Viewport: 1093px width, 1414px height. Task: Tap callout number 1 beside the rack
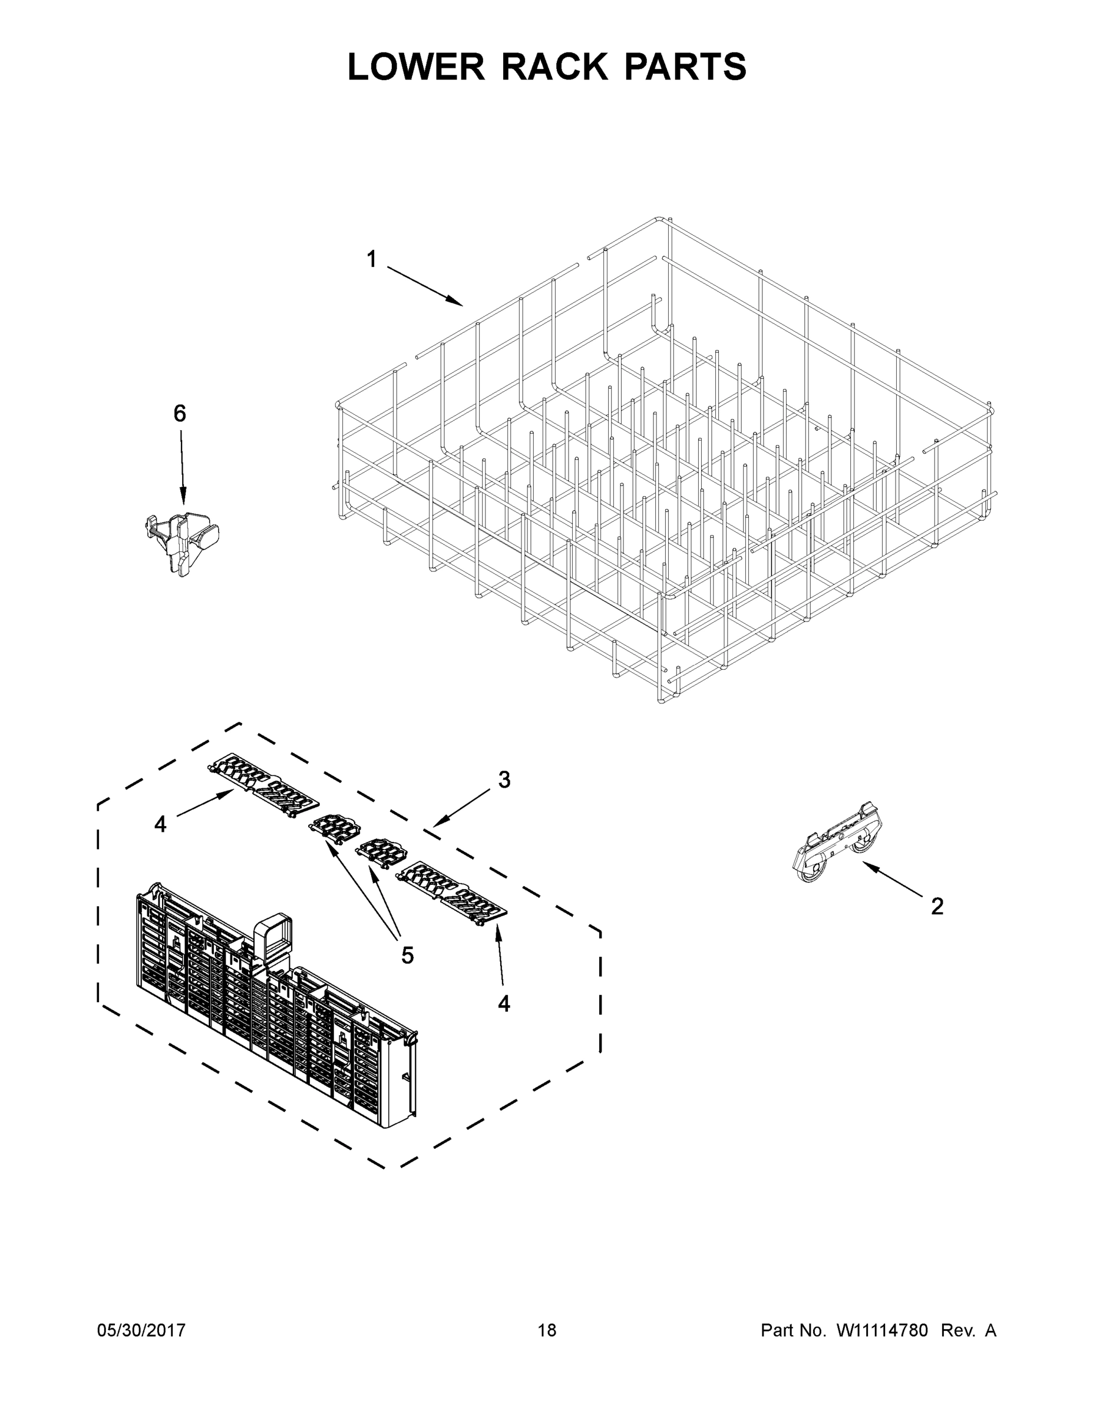371,260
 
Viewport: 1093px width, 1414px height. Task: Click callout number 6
179,413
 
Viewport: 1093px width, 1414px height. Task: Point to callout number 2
937,906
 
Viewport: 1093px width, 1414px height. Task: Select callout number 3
504,779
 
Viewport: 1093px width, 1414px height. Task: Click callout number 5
407,954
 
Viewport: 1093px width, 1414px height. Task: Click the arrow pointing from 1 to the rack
424,286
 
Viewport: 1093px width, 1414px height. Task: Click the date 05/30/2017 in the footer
141,1330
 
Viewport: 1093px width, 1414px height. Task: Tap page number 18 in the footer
547,1330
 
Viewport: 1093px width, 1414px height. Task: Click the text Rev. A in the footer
968,1330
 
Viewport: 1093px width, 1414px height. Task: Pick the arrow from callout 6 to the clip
181,466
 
